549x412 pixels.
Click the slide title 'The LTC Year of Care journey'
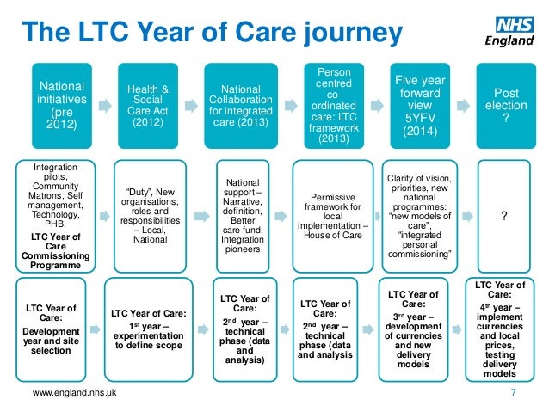click(x=212, y=33)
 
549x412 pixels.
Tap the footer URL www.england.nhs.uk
click(x=75, y=394)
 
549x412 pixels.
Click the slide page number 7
click(x=513, y=394)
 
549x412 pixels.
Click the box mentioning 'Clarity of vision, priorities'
click(x=420, y=214)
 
